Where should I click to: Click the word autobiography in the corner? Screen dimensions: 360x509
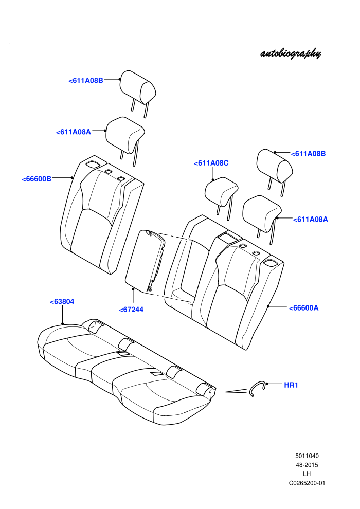pyautogui.click(x=291, y=53)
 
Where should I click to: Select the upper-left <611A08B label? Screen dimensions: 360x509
pyautogui.click(x=86, y=81)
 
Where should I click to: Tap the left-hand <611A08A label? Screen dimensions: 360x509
pyautogui.click(x=74, y=132)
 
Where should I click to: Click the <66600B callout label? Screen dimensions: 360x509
pyautogui.click(x=37, y=179)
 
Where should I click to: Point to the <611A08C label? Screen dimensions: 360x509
pyautogui.click(x=211, y=163)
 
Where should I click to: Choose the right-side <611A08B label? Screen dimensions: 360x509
pyautogui.click(x=308, y=154)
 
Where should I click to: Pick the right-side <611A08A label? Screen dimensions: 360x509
pyautogui.click(x=310, y=220)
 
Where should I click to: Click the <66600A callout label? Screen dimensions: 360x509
pyautogui.click(x=303, y=308)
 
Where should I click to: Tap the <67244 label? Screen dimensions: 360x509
pyautogui.click(x=131, y=310)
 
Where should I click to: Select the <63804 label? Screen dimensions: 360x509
pyautogui.click(x=62, y=302)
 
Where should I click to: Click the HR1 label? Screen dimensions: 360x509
pyautogui.click(x=291, y=385)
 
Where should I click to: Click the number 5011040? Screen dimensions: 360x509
pyautogui.click(x=307, y=456)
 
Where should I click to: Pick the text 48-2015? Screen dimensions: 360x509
pyautogui.click(x=307, y=465)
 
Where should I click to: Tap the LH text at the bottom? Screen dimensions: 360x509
pyautogui.click(x=307, y=474)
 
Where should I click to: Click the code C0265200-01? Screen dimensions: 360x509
pyautogui.click(x=307, y=483)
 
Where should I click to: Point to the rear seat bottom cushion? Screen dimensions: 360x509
pyautogui.click(x=127, y=373)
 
